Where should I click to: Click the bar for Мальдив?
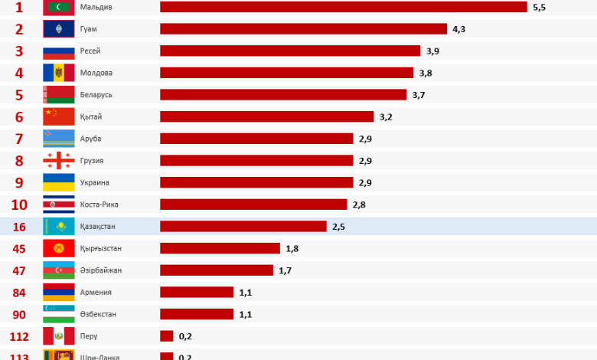point(343,7)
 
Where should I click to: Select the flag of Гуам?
point(59,29)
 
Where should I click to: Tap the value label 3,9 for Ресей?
point(432,51)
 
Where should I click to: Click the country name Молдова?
point(96,73)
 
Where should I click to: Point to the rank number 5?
point(19,95)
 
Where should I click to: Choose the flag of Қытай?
point(59,116)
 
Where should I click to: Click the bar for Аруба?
point(256,139)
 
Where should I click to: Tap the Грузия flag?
point(59,161)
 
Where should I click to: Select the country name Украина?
point(95,182)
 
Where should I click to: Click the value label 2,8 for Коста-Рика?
point(360,205)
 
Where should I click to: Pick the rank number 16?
point(19,227)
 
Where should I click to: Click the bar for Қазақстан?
point(243,227)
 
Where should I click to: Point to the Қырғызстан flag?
point(59,248)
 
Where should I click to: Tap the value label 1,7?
point(285,270)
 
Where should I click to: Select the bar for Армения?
point(197,292)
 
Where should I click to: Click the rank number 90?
point(19,314)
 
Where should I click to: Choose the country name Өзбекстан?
point(99,314)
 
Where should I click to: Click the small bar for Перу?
point(166,335)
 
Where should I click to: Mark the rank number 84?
point(19,292)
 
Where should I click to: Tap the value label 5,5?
point(540,7)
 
